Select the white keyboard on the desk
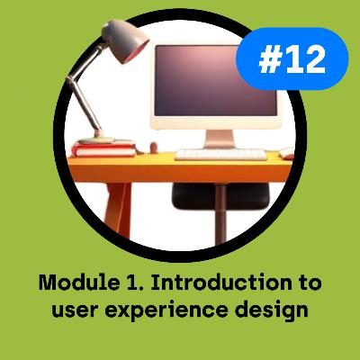[x=220, y=154]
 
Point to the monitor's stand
[x=218, y=137]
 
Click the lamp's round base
[x=97, y=139]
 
